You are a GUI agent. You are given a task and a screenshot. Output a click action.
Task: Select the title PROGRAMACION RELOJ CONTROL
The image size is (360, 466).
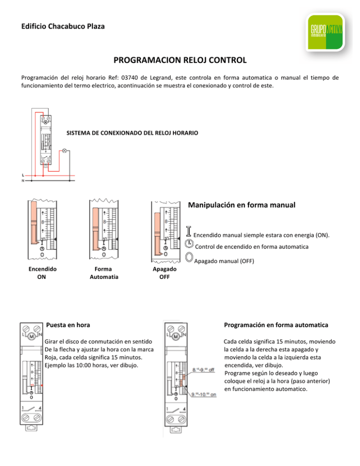pyautogui.click(x=180, y=61)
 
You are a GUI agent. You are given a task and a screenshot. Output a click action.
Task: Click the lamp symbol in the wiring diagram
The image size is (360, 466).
pyautogui.click(x=64, y=151)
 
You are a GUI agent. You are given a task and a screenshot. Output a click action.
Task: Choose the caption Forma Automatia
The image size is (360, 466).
pyautogui.click(x=102, y=273)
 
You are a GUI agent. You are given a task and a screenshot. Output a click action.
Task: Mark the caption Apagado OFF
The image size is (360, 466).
pyautogui.click(x=165, y=273)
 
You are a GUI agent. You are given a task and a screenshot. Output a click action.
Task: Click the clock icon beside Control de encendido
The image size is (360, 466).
pyautogui.click(x=189, y=243)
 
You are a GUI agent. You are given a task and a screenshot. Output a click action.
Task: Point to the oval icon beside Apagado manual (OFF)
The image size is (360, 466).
pyautogui.click(x=189, y=257)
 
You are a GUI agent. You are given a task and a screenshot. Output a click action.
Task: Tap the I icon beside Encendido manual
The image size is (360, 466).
pyautogui.click(x=189, y=231)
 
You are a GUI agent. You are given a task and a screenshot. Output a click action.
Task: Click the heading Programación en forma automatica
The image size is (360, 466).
pyautogui.click(x=272, y=324)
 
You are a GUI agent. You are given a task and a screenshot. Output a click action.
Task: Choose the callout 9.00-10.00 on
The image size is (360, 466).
pyautogui.click(x=203, y=394)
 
